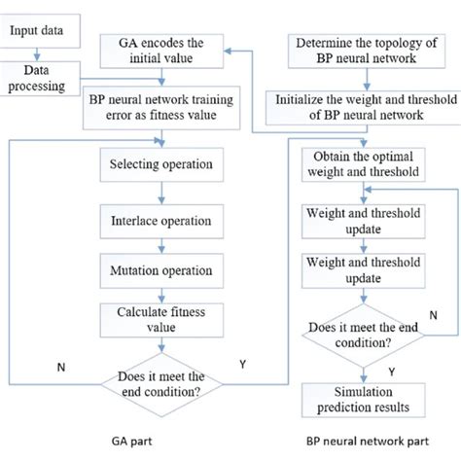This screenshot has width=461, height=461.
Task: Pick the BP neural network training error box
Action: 160,110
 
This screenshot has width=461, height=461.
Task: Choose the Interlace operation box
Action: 160,221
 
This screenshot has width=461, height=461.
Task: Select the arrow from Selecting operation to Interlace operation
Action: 160,195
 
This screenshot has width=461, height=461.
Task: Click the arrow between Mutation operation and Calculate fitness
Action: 160,294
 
